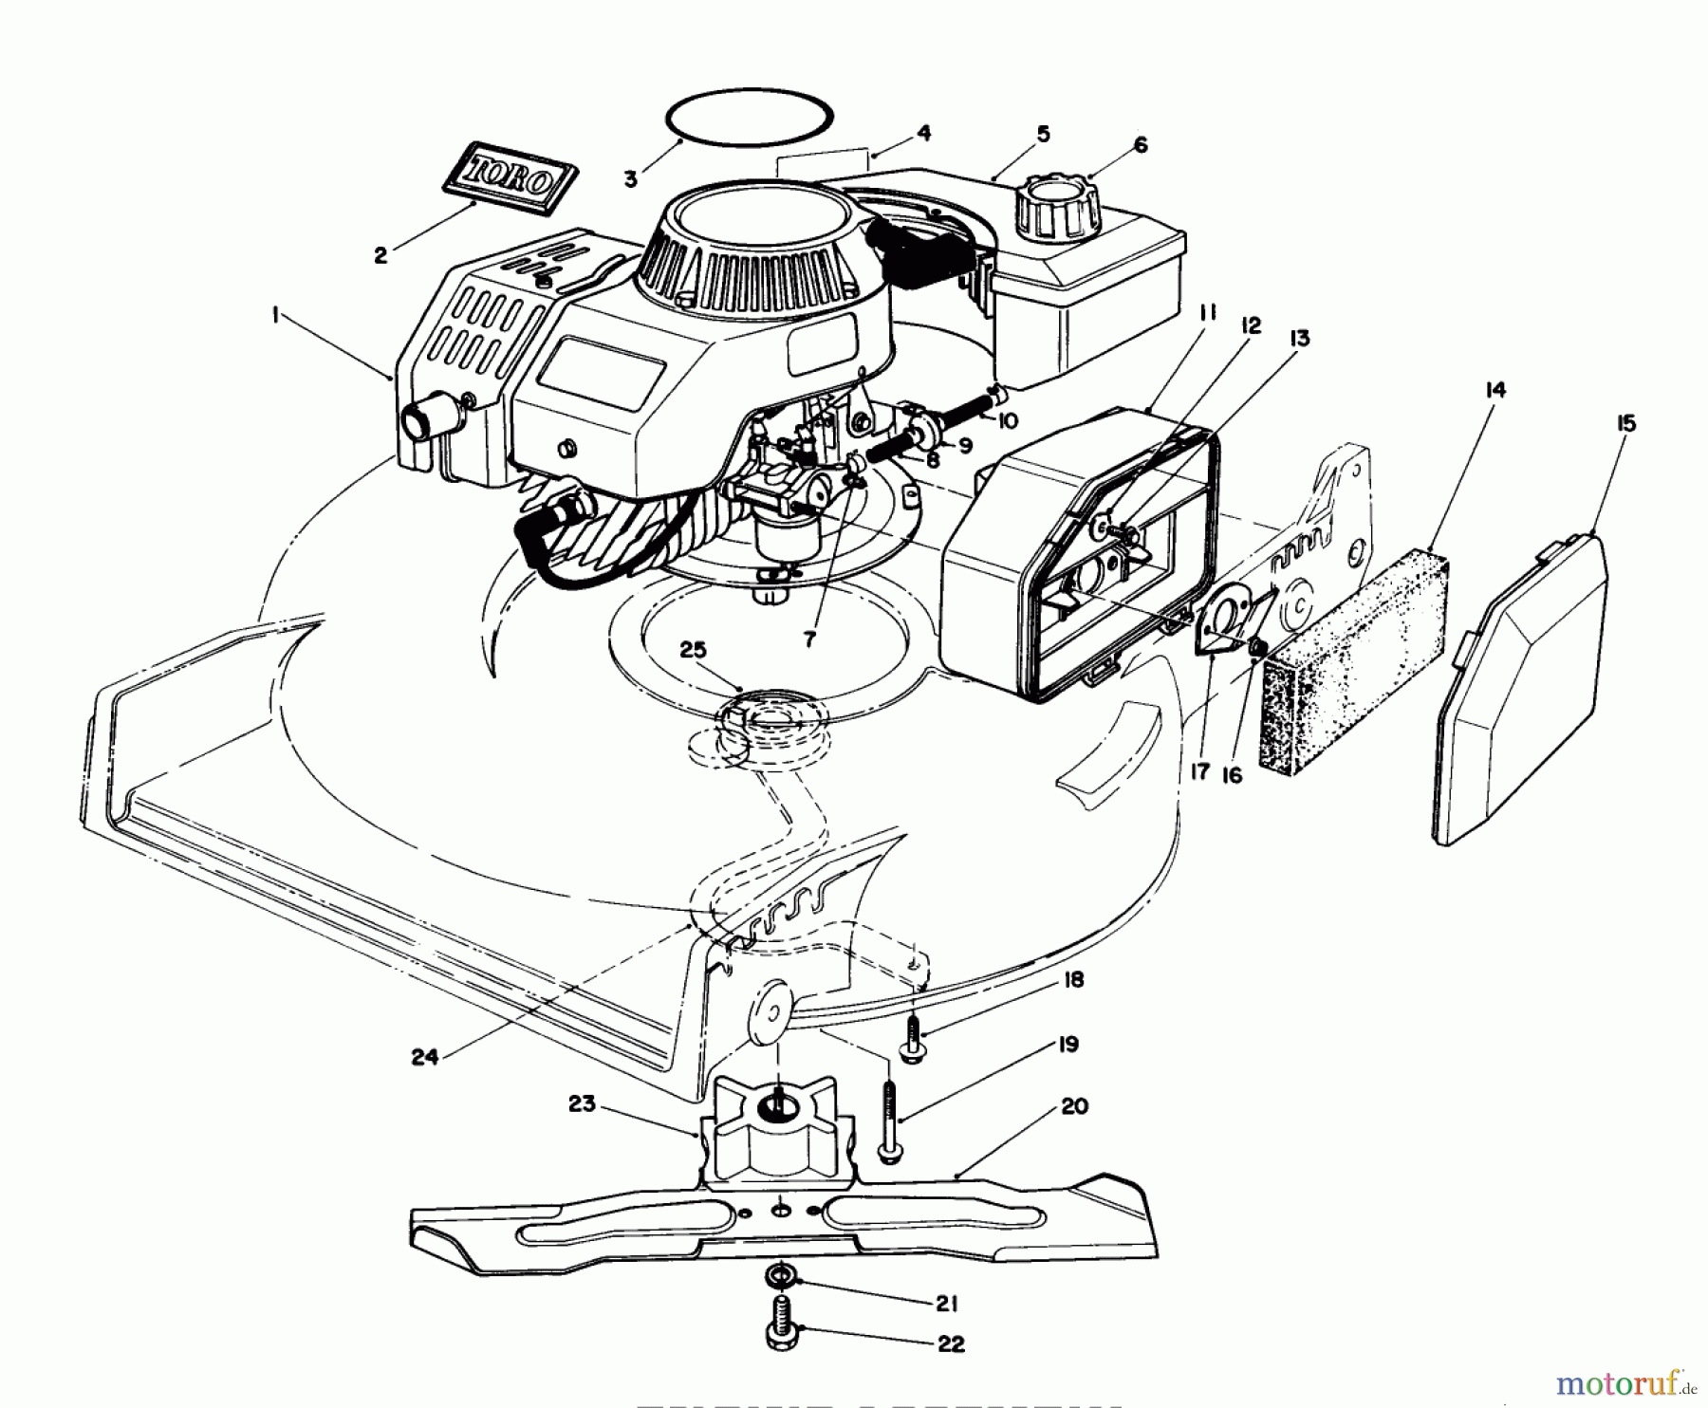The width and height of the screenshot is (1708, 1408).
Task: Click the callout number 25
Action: click(x=694, y=650)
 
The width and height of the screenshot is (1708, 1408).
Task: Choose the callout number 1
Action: click(x=276, y=316)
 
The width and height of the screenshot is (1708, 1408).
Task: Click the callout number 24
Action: click(x=424, y=1056)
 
